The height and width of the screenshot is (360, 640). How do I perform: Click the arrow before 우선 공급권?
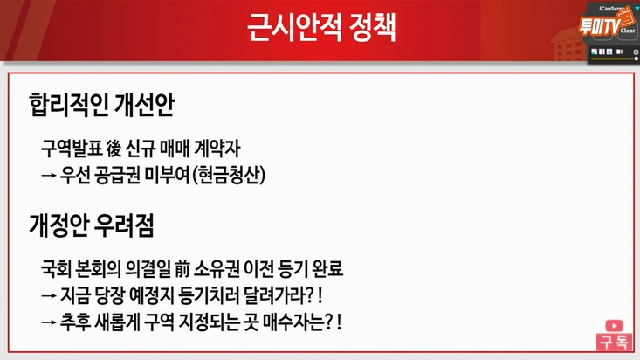click(x=49, y=175)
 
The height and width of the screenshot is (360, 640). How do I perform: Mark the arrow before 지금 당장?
click(x=49, y=294)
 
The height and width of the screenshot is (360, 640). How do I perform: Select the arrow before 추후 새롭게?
click(x=49, y=322)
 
